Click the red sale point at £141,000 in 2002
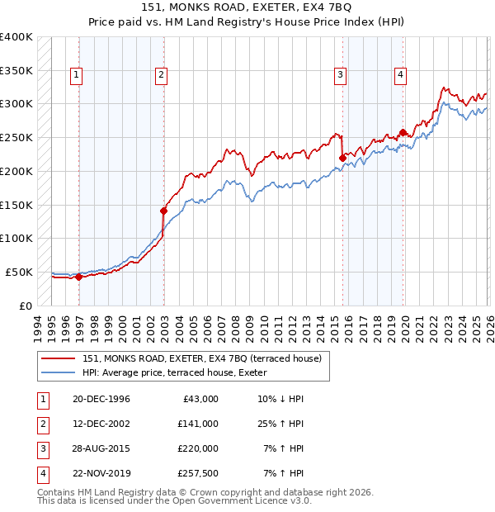(x=163, y=211)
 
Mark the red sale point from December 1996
(x=79, y=277)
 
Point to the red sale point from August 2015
(x=342, y=158)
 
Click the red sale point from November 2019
(x=403, y=132)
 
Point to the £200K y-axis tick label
(x=16, y=171)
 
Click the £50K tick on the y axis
(x=18, y=272)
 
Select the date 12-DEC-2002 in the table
(x=101, y=424)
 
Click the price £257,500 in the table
(x=197, y=473)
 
